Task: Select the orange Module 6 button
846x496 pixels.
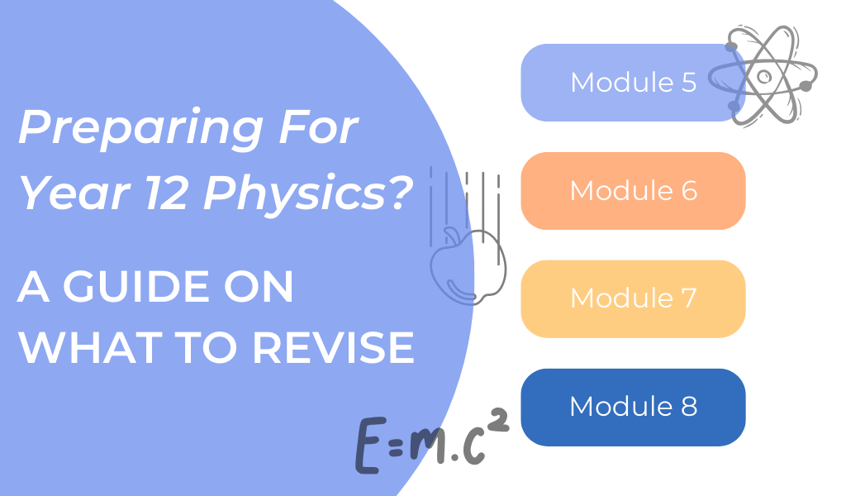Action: coord(633,191)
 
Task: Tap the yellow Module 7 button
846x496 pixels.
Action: coord(633,298)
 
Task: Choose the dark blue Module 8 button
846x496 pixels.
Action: coord(633,407)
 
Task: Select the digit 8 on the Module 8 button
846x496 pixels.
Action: coord(687,407)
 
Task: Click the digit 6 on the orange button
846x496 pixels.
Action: coord(687,191)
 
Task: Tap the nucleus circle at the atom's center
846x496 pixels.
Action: coord(765,76)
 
